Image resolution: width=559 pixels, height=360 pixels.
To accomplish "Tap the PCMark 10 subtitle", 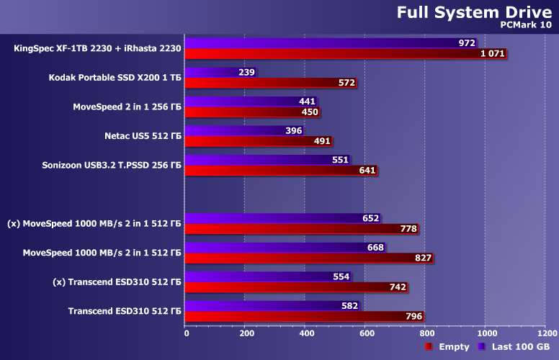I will (x=528, y=24).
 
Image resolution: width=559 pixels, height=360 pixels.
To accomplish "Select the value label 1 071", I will (x=492, y=54).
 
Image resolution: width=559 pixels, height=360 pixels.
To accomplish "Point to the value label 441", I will (x=307, y=102).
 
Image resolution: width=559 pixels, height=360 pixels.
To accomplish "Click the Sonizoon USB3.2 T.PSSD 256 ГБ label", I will (x=112, y=165).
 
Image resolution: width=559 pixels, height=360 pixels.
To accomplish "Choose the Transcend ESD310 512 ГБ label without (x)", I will (x=125, y=311).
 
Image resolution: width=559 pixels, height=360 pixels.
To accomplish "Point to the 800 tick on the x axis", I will (x=425, y=333).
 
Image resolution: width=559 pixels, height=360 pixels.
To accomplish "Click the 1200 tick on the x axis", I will (x=545, y=333).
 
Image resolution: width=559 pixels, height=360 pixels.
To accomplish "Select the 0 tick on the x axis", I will (x=186, y=333).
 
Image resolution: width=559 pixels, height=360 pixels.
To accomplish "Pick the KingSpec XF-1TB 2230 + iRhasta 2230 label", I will (x=97, y=49).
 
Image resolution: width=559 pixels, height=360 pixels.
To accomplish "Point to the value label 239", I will (x=246, y=73).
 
